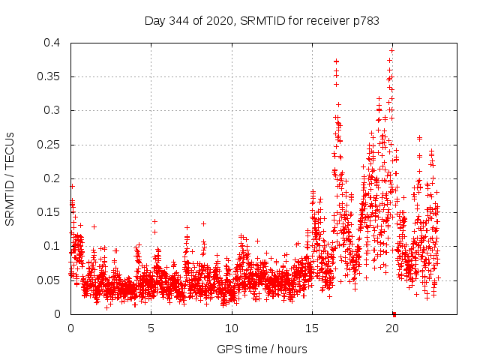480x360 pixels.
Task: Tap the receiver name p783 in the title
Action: (367, 21)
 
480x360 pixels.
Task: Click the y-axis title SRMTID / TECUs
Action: (10, 178)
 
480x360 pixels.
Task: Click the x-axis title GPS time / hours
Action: (262, 349)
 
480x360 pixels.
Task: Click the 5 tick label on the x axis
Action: (151, 328)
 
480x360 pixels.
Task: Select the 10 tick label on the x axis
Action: (232, 328)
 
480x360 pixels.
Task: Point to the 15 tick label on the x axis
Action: (312, 328)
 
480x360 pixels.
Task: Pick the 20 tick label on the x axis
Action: (392, 328)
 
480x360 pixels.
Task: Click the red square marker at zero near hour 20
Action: (394, 313)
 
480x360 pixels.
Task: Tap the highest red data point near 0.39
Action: (391, 50)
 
